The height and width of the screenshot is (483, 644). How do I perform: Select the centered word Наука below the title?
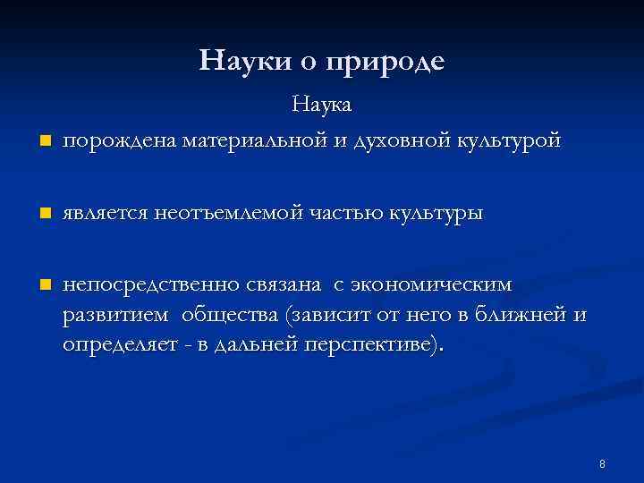[x=323, y=105]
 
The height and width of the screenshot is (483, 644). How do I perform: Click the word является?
[x=104, y=214]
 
